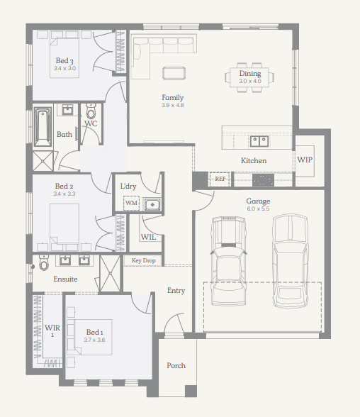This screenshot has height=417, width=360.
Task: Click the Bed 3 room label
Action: pos(64,61)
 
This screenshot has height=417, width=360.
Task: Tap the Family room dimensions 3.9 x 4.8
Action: pos(173,105)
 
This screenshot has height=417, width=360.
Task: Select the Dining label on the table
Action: pos(250,74)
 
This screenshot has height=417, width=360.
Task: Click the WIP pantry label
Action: pos(305,160)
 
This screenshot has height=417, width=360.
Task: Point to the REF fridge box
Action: pos(220,179)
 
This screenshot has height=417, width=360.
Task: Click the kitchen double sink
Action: pos(259,141)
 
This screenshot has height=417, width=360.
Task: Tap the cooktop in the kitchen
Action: pos(263,181)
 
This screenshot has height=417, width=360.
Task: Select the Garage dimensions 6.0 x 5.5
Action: pos(258,208)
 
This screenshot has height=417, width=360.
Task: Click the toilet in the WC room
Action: pos(91,111)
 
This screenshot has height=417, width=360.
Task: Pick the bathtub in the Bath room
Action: pos(43,126)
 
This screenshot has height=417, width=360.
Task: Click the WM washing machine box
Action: pos(131,203)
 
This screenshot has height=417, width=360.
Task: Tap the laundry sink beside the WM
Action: pos(152,204)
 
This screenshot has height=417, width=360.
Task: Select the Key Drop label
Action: pos(143,261)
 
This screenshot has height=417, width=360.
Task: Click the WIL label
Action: pos(148,237)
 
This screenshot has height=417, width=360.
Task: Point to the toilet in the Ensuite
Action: pos(44,262)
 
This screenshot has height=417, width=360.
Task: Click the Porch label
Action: pos(176,365)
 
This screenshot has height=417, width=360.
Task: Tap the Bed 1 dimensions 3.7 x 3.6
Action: pos(94,340)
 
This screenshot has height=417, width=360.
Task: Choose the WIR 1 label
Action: pos(52,330)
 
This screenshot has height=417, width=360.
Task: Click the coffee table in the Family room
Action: pos(174,73)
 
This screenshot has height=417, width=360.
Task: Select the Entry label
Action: pos(176,291)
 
